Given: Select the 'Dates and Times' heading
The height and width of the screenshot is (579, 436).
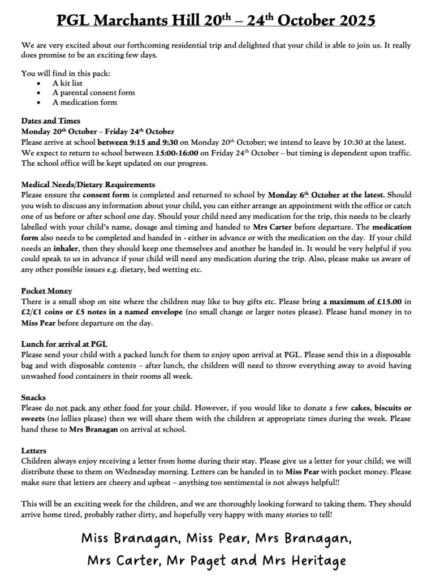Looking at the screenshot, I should [x=50, y=120].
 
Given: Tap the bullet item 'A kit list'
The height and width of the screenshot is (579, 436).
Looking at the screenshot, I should [x=67, y=83].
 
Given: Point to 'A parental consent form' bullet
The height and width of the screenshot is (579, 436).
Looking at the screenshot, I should [x=93, y=93].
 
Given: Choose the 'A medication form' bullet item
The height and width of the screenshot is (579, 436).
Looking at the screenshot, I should [x=84, y=102].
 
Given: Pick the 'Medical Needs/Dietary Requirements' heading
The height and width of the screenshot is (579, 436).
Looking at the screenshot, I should [x=88, y=185].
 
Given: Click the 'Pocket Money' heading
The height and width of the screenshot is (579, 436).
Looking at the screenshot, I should [x=46, y=291].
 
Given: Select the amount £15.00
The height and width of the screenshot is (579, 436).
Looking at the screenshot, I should [x=386, y=302].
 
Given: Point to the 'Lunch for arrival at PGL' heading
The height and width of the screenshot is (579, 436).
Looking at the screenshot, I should [x=64, y=344].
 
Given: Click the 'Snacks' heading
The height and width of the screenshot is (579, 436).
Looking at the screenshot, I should [x=33, y=397].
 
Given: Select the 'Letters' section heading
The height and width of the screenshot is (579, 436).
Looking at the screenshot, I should [x=34, y=451].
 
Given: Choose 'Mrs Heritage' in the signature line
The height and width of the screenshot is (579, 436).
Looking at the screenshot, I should [x=305, y=560].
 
